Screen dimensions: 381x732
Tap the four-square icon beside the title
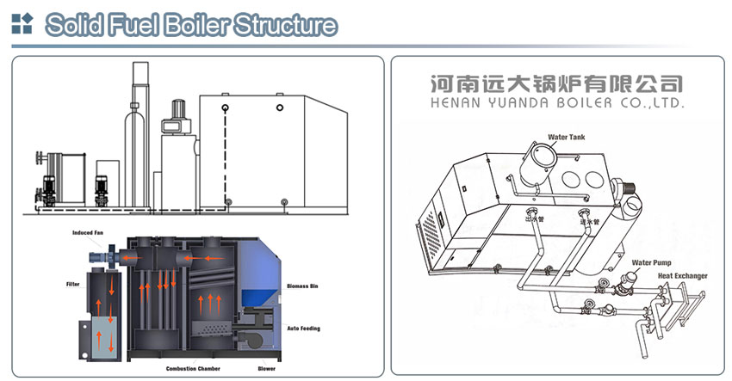(22, 24)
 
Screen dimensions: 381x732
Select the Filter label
(72, 283)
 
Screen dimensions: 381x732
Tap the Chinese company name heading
(555, 83)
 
